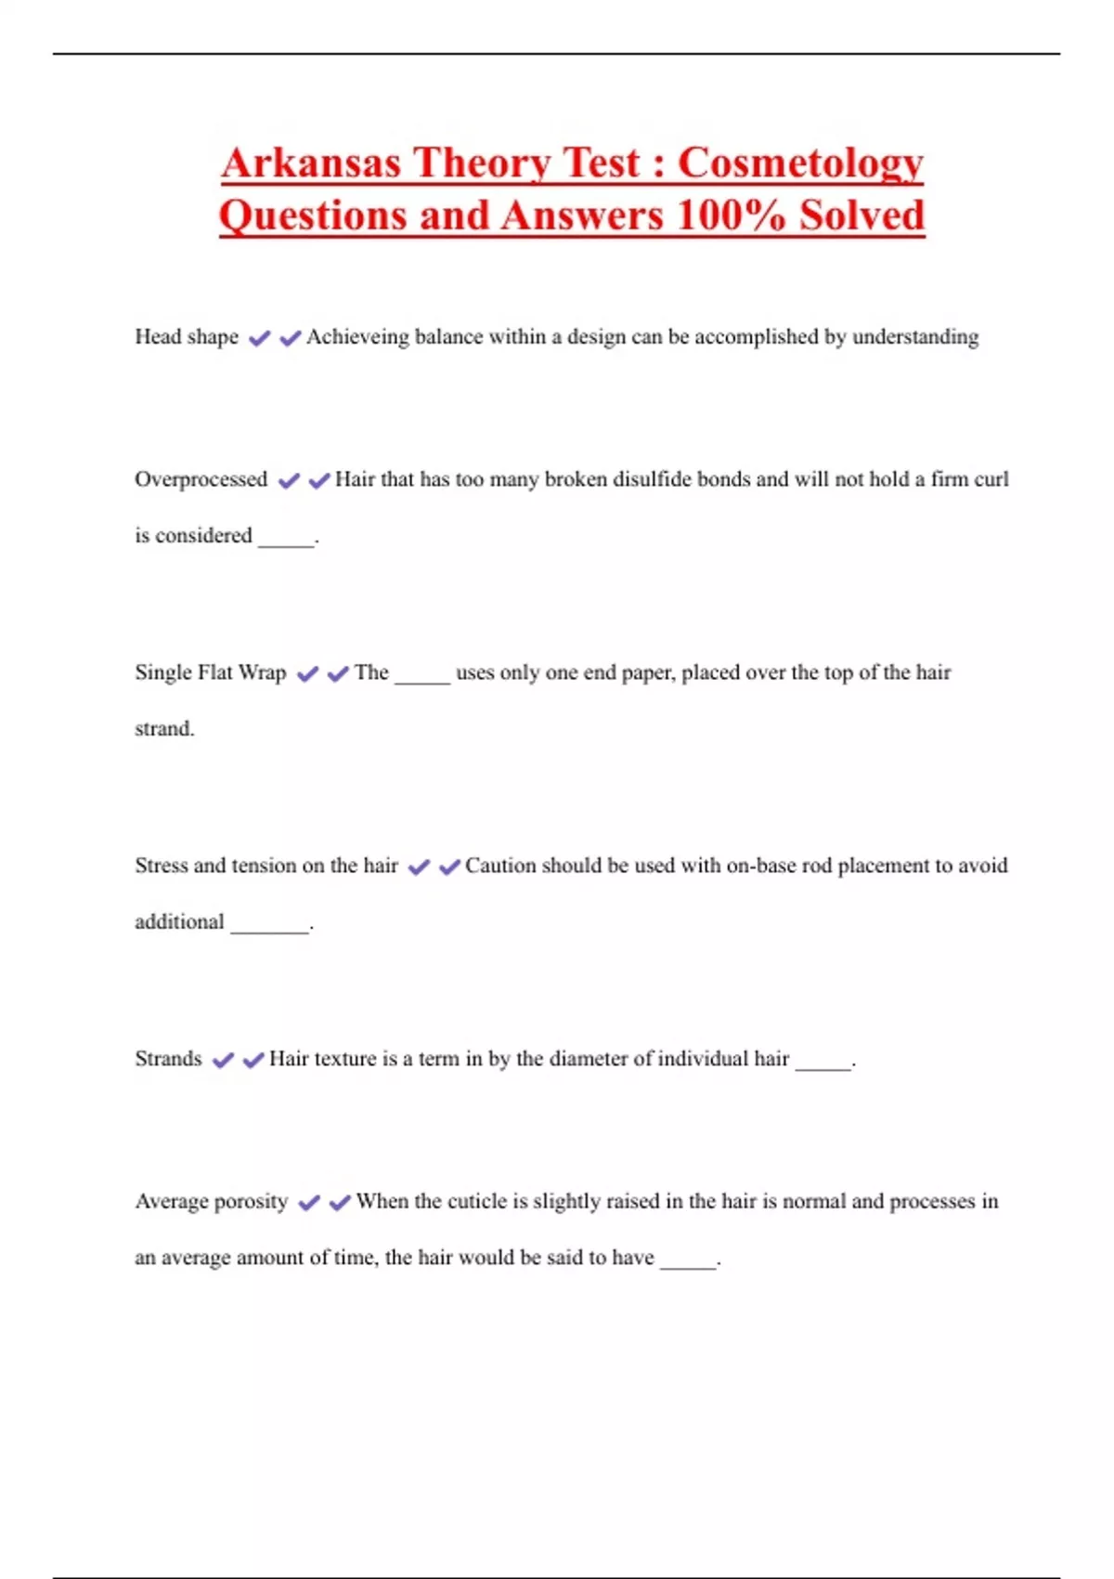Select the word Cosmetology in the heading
tap(800, 164)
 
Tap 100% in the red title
tap(732, 215)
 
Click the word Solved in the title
tap(862, 215)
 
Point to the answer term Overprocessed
tap(201, 479)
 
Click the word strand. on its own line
tap(164, 729)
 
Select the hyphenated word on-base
tap(760, 866)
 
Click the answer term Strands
tap(168, 1059)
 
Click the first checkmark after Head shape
tap(259, 338)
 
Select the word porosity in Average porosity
tap(251, 1202)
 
